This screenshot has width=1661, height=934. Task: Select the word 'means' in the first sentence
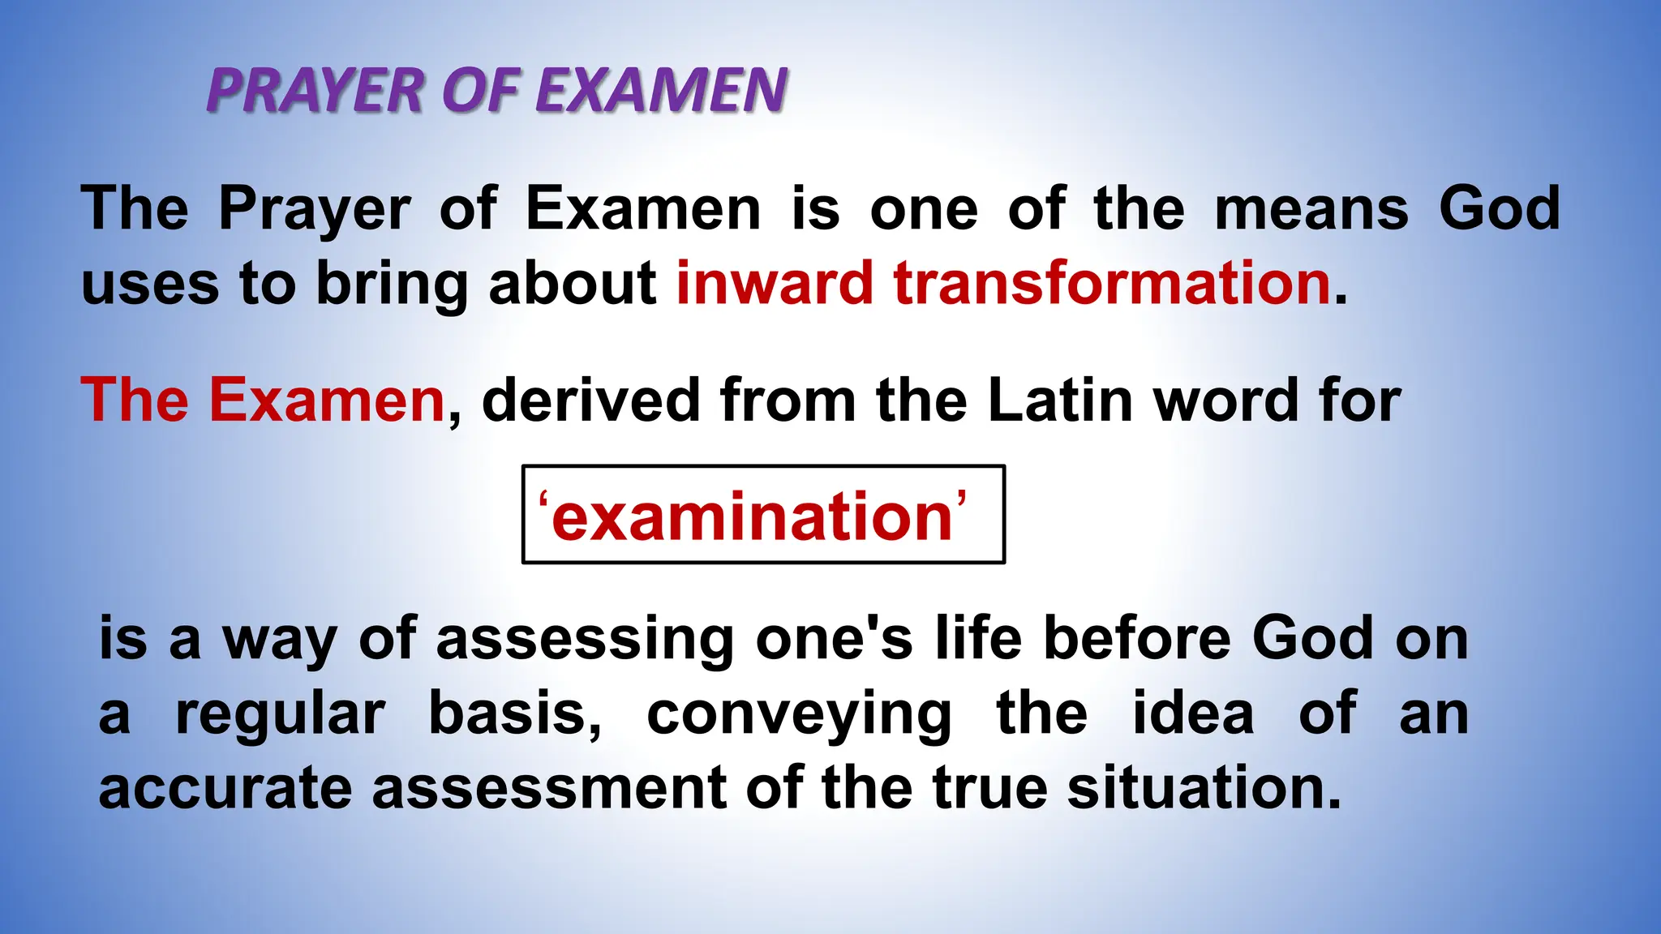[1311, 209]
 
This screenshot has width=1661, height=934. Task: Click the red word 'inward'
[775, 284]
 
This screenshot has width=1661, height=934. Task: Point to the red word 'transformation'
[1112, 284]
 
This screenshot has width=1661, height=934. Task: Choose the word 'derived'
[590, 401]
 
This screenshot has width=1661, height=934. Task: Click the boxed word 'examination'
[751, 516]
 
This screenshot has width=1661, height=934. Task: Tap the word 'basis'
[514, 713]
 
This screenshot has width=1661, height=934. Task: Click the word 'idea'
[1193, 713]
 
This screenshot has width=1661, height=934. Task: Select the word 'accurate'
[225, 789]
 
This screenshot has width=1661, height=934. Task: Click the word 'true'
[989, 789]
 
